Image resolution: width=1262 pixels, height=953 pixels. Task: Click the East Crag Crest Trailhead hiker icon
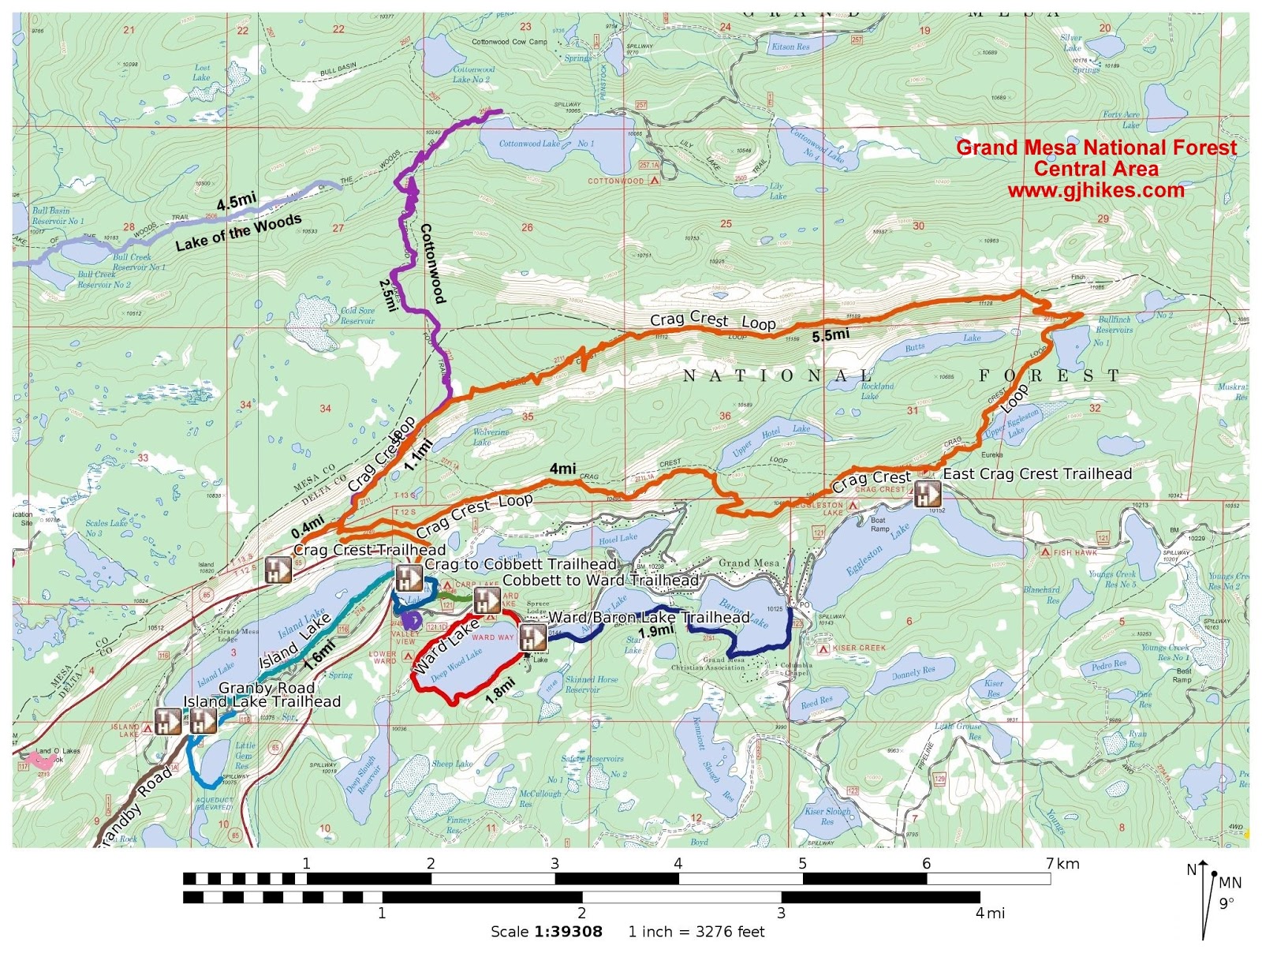927,494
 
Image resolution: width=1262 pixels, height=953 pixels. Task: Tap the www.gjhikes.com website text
1096,190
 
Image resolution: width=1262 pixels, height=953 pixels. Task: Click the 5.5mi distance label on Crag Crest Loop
831,334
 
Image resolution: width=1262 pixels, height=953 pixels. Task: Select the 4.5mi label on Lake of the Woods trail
237,201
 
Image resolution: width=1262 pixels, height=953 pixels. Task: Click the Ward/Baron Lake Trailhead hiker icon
532,637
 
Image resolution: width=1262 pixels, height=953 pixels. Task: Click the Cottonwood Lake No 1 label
546,144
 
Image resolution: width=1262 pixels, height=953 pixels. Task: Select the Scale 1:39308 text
546,932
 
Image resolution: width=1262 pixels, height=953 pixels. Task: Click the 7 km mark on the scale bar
1050,864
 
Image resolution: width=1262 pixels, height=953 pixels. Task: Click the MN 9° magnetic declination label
1229,892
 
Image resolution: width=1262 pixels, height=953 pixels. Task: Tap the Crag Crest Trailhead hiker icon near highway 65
278,570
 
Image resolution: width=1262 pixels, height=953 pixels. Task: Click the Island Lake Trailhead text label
262,701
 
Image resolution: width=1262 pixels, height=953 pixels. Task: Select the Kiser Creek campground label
859,648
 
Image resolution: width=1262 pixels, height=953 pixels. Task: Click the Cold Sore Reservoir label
357,316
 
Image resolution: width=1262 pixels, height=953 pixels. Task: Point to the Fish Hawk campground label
1075,552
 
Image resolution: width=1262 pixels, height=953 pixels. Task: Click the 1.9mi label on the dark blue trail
656,631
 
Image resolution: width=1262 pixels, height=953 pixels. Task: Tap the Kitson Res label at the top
790,47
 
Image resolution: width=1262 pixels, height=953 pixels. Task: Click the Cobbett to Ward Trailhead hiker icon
487,600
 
